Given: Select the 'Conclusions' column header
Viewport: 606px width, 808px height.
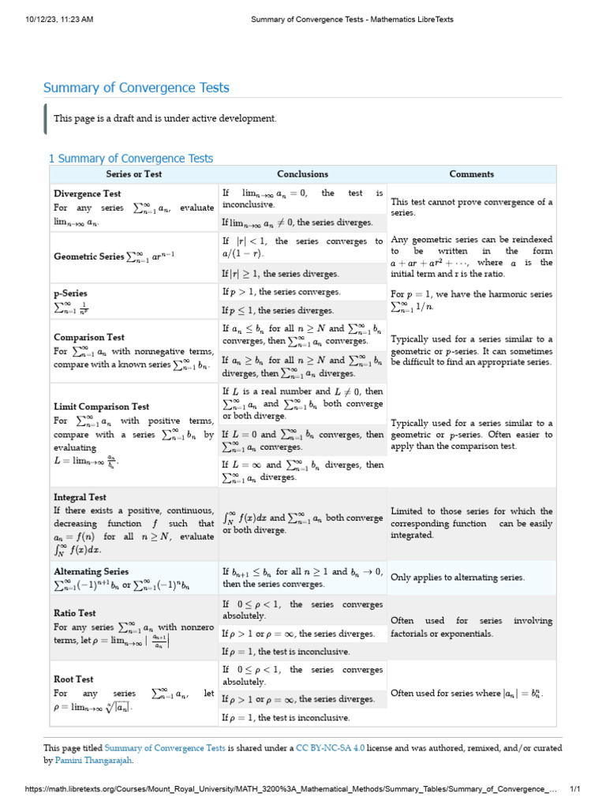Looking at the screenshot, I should click(302, 174).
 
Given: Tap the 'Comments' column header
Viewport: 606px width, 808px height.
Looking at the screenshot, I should click(471, 174).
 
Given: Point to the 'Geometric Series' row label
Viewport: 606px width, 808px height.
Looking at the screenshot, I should click(88, 256).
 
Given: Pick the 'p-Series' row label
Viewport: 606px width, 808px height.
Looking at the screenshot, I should click(70, 293).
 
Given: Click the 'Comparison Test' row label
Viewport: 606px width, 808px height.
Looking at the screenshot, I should click(89, 336).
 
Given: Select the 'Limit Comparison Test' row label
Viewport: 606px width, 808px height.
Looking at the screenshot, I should click(101, 407).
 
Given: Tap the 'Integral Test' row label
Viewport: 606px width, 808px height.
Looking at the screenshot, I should click(80, 498).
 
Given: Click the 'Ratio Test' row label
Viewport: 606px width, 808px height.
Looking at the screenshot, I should click(75, 612).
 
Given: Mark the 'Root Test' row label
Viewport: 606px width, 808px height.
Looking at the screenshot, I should click(73, 679).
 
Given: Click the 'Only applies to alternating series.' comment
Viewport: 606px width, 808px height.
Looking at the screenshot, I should click(458, 578).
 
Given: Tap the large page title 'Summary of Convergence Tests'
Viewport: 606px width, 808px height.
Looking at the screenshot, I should click(137, 88).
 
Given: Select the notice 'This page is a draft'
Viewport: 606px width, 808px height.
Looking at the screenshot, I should click(165, 118).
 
